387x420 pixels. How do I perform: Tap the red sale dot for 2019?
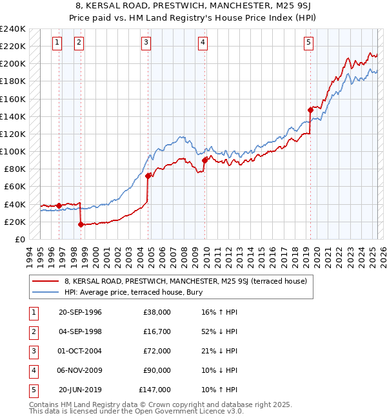coord(310,110)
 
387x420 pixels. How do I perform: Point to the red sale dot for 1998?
coord(81,225)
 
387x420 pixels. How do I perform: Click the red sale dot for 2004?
coord(148,176)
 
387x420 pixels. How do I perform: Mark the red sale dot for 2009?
coord(204,160)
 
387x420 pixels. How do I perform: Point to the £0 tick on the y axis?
coord(19,239)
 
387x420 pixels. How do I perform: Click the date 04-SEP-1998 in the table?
coord(80,331)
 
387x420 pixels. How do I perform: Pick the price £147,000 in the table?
coord(155,390)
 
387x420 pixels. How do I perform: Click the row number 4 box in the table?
coord(33,370)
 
